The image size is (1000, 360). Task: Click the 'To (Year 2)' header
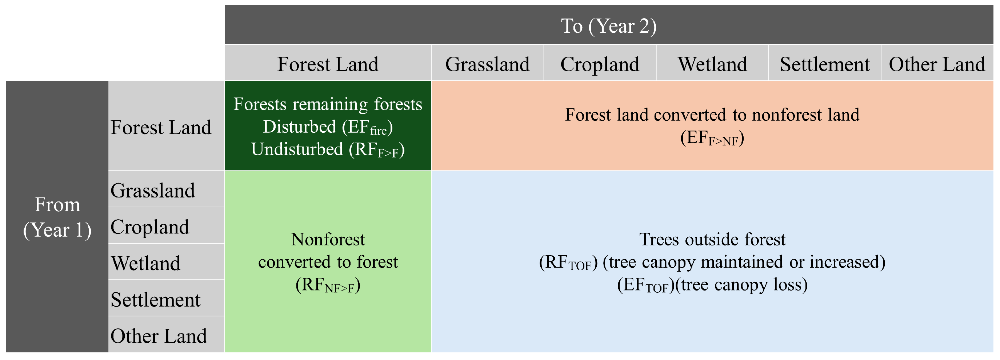coord(609,26)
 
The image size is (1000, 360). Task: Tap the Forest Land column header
coord(328,64)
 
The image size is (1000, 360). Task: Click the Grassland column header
coord(487,64)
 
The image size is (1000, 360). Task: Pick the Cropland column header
coord(600,64)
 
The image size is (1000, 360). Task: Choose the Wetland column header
coord(712,64)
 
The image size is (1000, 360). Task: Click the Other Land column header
coord(937,64)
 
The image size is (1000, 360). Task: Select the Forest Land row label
coord(161,127)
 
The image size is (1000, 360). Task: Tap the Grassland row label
coord(153,190)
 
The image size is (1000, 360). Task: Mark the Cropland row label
coord(150,227)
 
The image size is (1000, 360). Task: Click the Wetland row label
coord(145,263)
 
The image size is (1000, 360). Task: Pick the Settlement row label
coord(155,299)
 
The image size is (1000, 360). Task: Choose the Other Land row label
coord(159,336)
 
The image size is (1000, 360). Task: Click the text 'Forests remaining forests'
coord(328,104)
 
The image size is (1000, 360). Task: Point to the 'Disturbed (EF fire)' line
coord(328,127)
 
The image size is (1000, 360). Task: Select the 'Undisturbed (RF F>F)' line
coord(328,149)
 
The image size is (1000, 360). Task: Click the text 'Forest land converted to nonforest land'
coord(712,115)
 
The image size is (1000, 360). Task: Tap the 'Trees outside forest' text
coord(712,239)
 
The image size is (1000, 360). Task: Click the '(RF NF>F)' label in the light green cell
coord(328,285)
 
